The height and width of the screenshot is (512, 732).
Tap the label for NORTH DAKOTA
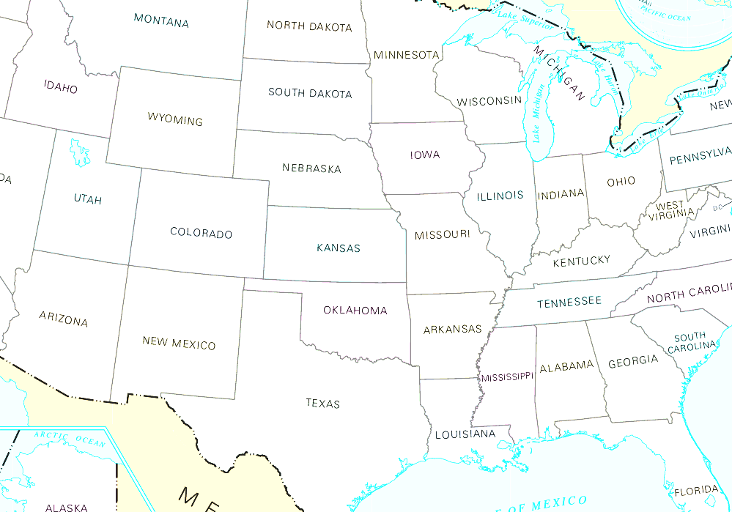coord(309,26)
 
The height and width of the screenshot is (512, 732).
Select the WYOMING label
coord(175,119)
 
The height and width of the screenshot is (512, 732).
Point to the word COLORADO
coord(201,234)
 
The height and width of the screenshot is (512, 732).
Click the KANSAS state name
coord(339,248)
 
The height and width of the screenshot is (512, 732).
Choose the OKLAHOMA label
coord(355,311)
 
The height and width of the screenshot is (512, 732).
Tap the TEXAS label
coord(323,403)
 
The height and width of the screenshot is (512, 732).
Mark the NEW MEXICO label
coord(179,343)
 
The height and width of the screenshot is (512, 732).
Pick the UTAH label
coord(88,199)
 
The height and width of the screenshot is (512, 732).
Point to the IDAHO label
coord(60,87)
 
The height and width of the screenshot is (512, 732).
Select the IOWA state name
coord(425,155)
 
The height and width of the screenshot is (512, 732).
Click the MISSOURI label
coord(442,235)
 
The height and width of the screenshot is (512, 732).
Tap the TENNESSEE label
coord(569,302)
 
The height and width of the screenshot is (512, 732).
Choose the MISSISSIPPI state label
coord(507,377)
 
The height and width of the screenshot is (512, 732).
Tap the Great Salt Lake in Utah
coord(79,152)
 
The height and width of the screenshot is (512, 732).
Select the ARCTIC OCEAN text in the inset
coord(70,438)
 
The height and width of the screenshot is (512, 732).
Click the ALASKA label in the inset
coord(66,507)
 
